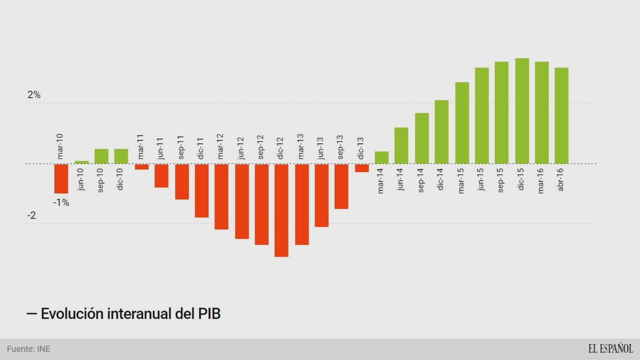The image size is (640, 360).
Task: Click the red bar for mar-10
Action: click(61, 178)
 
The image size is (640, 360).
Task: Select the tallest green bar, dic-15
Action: click(522, 111)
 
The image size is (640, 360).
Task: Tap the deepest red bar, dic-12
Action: click(281, 210)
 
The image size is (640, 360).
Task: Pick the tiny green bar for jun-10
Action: click(82, 162)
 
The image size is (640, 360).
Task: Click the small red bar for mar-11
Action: click(142, 167)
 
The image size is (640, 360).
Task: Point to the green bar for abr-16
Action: click(561, 115)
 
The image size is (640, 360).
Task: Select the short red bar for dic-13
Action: click(362, 168)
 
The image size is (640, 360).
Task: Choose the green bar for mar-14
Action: click(382, 157)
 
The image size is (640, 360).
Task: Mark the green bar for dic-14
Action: click(442, 132)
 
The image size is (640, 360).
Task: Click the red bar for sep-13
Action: click(341, 186)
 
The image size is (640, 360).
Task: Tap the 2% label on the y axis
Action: click(34, 94)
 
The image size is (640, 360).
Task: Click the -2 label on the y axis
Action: click(32, 215)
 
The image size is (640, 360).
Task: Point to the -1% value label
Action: click(61, 202)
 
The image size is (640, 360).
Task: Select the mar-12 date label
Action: click(220, 146)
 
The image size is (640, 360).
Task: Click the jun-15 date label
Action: click(481, 179)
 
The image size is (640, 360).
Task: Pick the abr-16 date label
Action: click(560, 179)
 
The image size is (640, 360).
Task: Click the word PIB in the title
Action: click(209, 313)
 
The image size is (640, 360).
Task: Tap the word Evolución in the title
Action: click(72, 313)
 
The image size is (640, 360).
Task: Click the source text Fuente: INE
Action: click(29, 349)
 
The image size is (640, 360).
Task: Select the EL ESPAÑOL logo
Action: click(610, 349)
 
